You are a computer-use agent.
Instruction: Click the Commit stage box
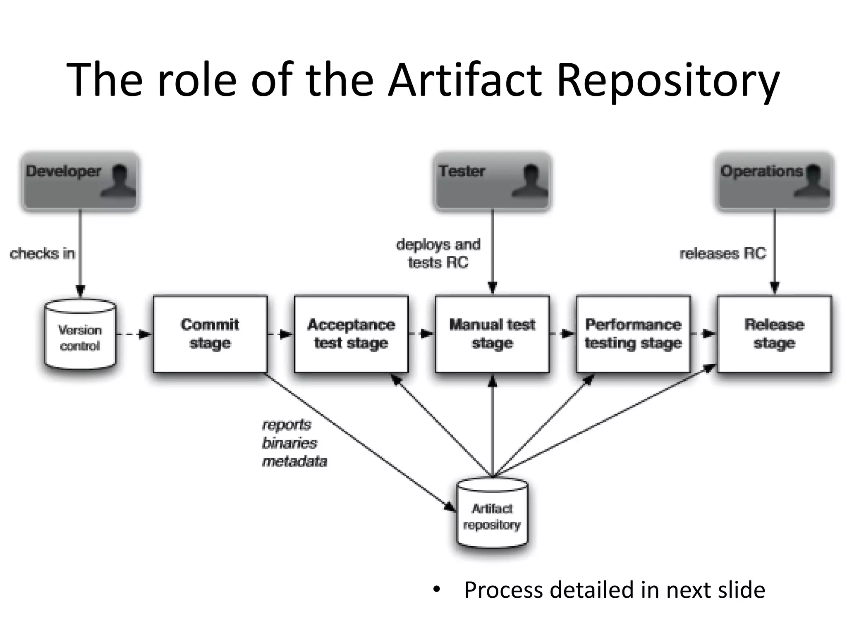point(210,334)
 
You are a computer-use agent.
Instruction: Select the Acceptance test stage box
point(351,334)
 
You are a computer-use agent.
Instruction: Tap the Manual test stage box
point(492,334)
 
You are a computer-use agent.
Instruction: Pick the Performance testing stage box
point(633,334)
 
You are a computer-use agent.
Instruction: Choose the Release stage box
point(774,334)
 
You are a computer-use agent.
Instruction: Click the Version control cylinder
point(80,335)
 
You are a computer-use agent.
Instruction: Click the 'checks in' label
point(42,253)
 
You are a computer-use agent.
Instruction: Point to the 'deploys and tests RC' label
point(438,253)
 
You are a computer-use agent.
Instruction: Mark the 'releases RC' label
point(723,253)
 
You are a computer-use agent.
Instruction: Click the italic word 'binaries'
point(290,443)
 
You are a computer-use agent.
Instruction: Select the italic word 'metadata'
point(294,461)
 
